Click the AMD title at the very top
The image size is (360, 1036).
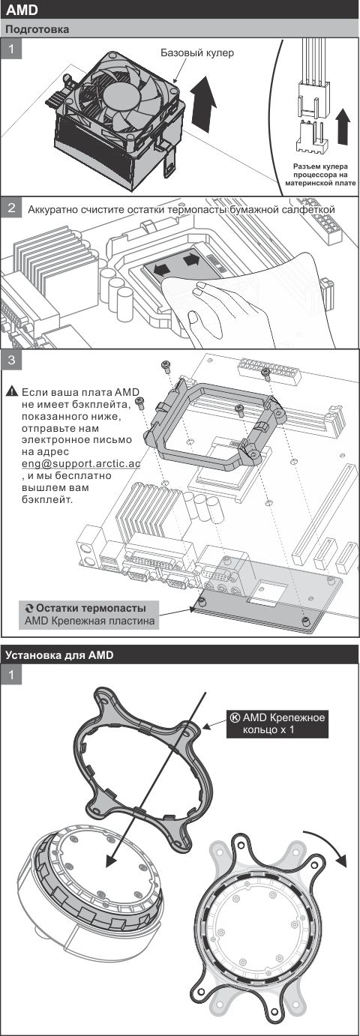coord(22,10)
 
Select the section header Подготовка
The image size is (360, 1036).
coord(37,29)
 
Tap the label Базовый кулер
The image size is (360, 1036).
coord(197,53)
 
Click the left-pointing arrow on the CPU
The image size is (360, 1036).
coord(160,267)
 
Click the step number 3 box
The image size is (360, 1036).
coord(11,360)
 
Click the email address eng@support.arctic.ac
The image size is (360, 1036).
coord(81,464)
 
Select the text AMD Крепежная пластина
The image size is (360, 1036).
coord(89,621)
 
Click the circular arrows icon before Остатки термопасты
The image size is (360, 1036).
coord(28,608)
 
